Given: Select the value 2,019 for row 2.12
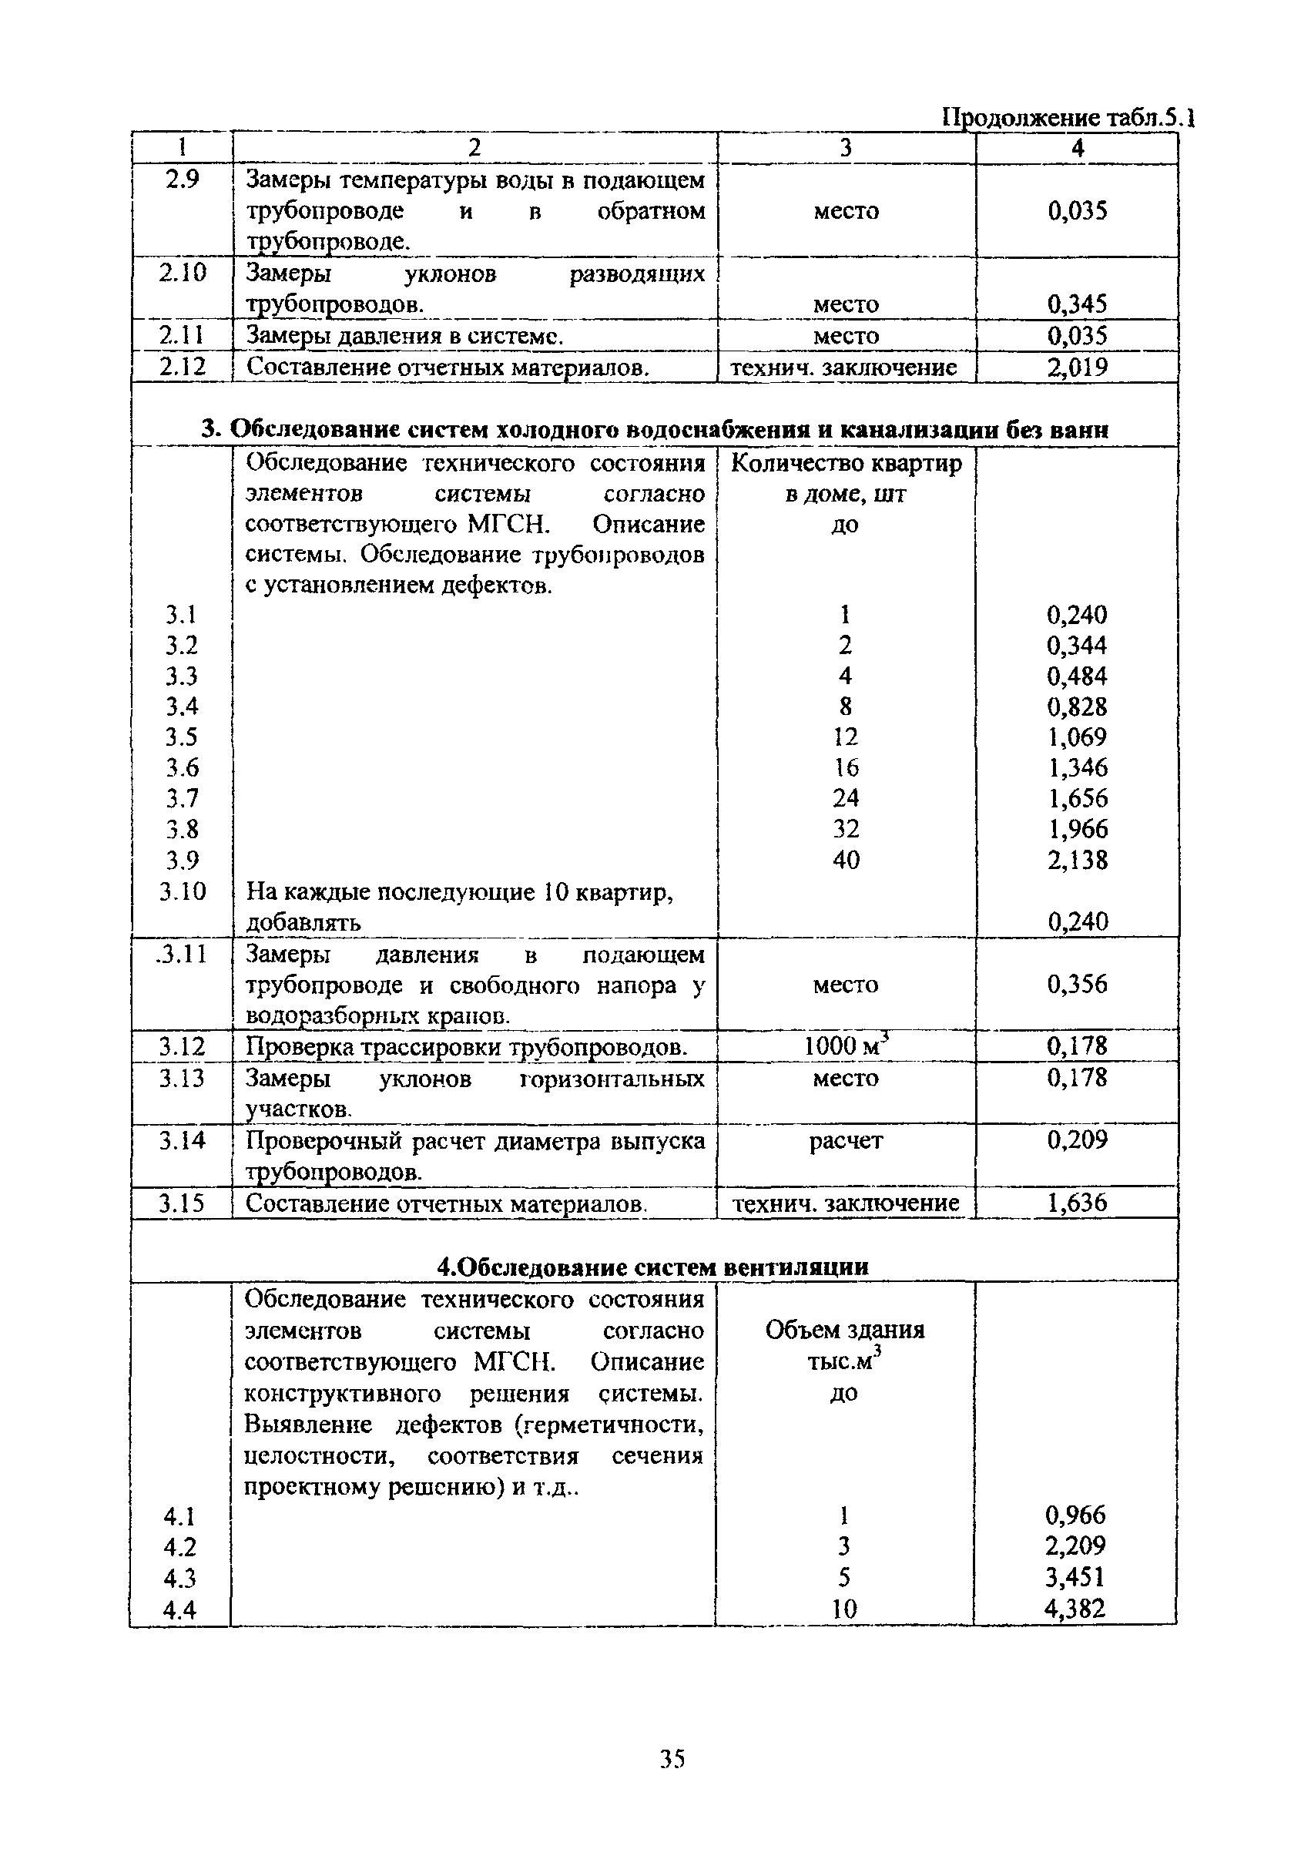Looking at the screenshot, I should point(1077,368).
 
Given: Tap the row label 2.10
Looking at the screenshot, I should point(182,273).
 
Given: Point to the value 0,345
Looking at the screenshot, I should point(1077,305).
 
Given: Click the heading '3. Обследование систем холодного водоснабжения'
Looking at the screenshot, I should point(654,429).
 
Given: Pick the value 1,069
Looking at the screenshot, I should point(1077,737).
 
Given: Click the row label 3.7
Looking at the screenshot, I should point(182,799).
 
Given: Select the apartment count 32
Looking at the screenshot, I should point(845,829).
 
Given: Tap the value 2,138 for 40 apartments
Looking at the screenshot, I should point(1077,860).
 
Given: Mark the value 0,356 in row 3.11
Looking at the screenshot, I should point(1077,984).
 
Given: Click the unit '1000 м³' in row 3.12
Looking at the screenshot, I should point(845,1046).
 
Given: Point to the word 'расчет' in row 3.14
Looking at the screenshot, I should point(845,1141).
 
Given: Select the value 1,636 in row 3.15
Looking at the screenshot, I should point(1077,1203).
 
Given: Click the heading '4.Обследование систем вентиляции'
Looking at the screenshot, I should point(652,1267).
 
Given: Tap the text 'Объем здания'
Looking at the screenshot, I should point(844,1331).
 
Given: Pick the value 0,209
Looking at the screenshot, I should point(1077,1140).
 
